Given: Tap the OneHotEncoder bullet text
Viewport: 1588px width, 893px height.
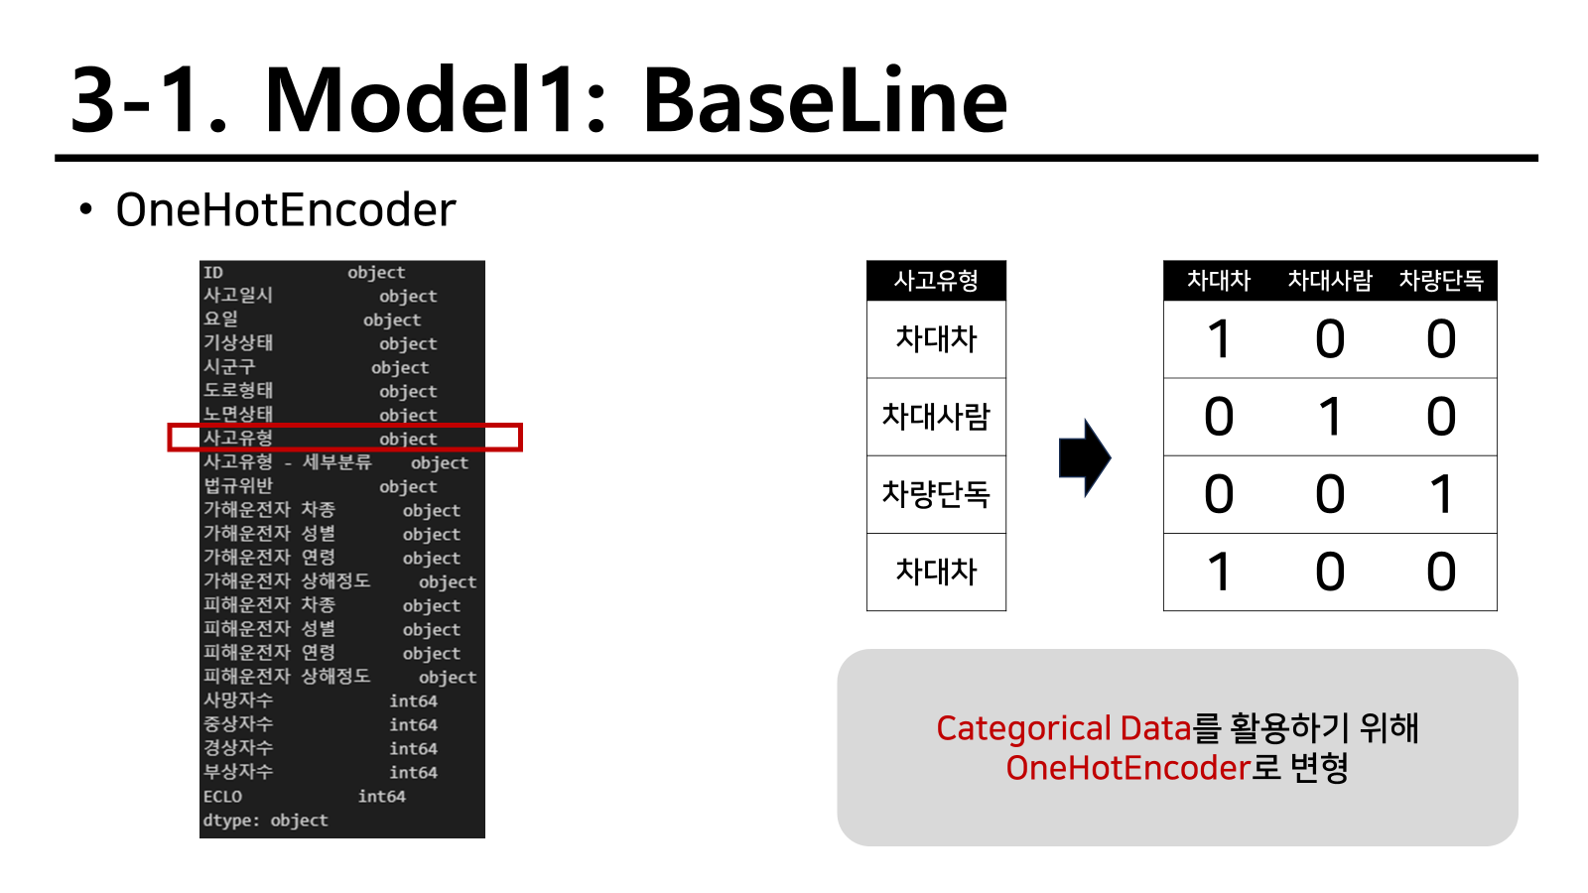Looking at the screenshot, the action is tap(286, 209).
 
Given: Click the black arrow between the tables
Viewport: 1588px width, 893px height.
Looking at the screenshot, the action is tap(1085, 457).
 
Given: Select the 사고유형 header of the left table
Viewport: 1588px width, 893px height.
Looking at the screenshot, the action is tap(936, 281).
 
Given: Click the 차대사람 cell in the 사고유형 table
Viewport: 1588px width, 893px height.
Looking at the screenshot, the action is tap(936, 416).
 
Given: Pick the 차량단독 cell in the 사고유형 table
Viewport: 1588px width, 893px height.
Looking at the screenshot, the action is tap(936, 493).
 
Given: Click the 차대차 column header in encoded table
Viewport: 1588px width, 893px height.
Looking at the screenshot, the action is tap(1219, 281).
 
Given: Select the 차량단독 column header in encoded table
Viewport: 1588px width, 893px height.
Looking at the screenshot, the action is tap(1441, 281).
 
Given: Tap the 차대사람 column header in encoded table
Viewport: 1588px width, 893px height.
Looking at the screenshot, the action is tap(1330, 281).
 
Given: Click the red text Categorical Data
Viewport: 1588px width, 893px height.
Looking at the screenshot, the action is tap(1063, 728).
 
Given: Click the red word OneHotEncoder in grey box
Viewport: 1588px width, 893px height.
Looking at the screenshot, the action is tap(1127, 768).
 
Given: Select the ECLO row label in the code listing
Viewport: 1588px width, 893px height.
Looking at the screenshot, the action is tap(222, 797).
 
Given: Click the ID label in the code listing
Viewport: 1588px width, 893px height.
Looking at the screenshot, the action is tap(212, 273).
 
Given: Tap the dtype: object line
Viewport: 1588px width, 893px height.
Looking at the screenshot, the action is tap(265, 821).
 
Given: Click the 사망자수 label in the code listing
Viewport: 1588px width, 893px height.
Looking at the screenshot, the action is tap(238, 701).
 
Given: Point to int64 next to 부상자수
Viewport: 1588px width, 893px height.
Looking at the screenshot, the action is tap(413, 773).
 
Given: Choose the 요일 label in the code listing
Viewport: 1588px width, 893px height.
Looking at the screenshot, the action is tap(220, 319).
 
